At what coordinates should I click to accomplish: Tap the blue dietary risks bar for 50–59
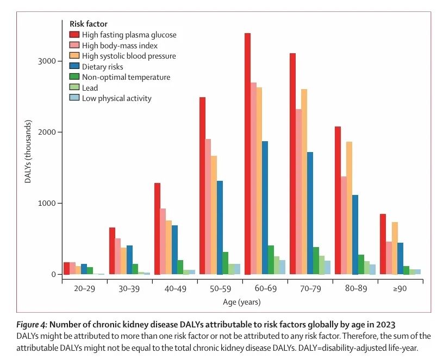coord(220,228)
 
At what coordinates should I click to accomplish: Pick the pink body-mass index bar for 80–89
coord(343,225)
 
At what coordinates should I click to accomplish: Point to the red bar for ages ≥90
coord(382,244)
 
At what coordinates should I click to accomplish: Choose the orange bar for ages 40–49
coord(169,247)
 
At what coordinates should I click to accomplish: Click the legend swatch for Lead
coord(74,87)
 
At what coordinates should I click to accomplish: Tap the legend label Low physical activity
coord(116,98)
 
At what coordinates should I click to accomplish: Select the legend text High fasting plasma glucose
coord(129,35)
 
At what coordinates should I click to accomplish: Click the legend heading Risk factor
coord(88,24)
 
